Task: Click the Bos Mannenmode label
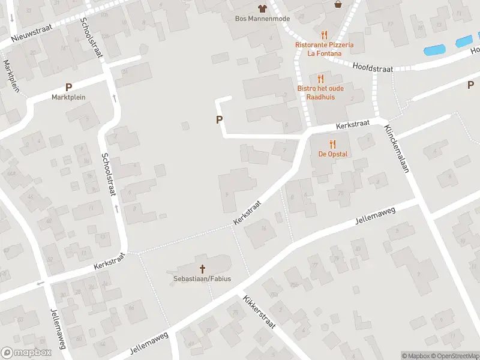click(x=262, y=18)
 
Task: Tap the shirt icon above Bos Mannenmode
click(x=262, y=8)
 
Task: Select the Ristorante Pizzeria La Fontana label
click(x=324, y=49)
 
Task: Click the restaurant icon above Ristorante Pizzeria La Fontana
click(x=324, y=35)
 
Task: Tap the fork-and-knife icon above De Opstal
click(x=332, y=143)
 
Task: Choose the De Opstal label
click(x=332, y=154)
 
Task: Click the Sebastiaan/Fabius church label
click(x=202, y=278)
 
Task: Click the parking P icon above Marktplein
click(x=68, y=87)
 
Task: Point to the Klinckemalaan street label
click(x=397, y=149)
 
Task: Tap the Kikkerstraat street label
click(x=259, y=311)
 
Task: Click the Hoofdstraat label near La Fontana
click(x=373, y=68)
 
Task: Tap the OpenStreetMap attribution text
click(x=455, y=356)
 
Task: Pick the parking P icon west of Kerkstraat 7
click(x=219, y=120)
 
